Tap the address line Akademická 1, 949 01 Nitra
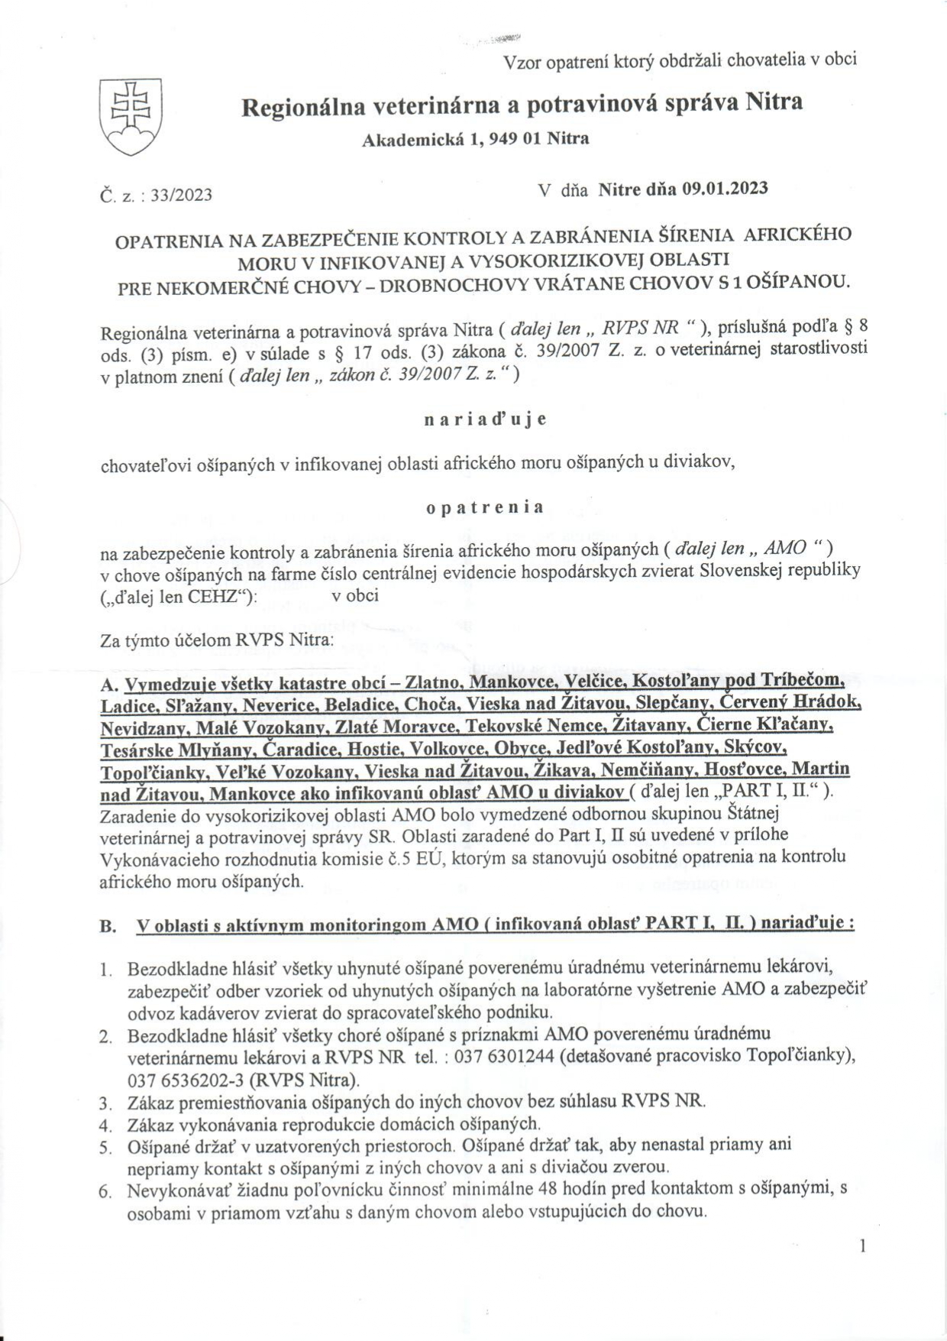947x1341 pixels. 475,138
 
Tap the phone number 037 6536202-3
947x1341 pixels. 178,1080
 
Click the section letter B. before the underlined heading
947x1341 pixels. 108,926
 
